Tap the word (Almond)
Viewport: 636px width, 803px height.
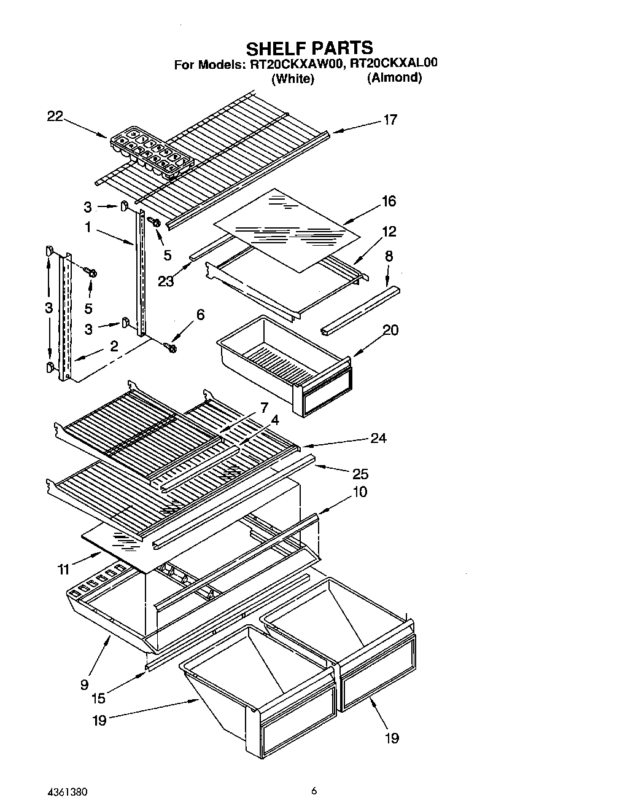coord(394,78)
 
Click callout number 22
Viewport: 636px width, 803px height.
coord(55,116)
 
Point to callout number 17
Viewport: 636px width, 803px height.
coord(390,120)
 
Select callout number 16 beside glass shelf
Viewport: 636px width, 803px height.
coord(389,201)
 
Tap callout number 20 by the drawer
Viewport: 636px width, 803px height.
coord(390,330)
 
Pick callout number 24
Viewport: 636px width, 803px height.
coord(378,438)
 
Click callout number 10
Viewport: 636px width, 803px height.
coord(360,492)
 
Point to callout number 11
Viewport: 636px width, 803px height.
coord(64,570)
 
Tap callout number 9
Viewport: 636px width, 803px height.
coord(84,684)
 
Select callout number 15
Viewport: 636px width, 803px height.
coord(98,698)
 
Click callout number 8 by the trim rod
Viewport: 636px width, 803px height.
coord(389,256)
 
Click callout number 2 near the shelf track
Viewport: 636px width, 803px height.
coord(114,346)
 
